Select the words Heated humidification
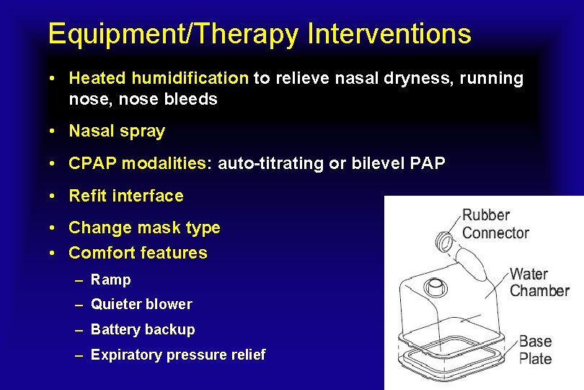point(159,78)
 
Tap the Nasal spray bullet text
point(117,131)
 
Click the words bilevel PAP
point(399,164)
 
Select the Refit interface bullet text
point(126,196)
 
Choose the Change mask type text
point(144,228)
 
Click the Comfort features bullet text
point(138,253)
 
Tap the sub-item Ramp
point(111,280)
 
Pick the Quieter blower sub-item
point(141,305)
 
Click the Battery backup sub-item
point(143,330)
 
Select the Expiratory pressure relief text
point(178,355)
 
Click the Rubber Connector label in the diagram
point(495,224)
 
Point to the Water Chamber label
point(539,282)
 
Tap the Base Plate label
point(536,350)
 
